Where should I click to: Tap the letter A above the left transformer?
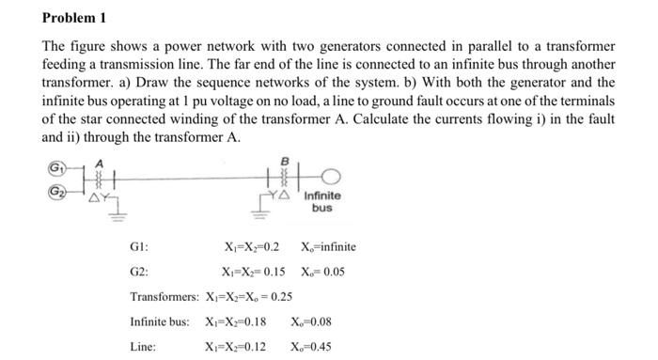96,161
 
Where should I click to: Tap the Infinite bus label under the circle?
322,202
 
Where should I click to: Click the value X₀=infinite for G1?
328,247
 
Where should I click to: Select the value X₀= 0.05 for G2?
322,273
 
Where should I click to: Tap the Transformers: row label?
164,297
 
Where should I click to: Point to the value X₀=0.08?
315,321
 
